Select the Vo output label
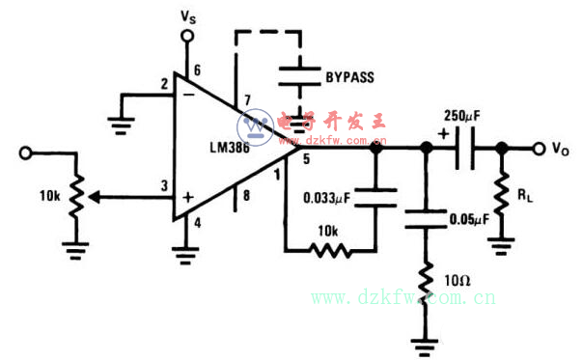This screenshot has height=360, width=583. pyautogui.click(x=560, y=149)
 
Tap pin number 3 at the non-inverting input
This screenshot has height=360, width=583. pyautogui.click(x=163, y=186)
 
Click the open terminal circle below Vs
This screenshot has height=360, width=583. pyautogui.click(x=187, y=37)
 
